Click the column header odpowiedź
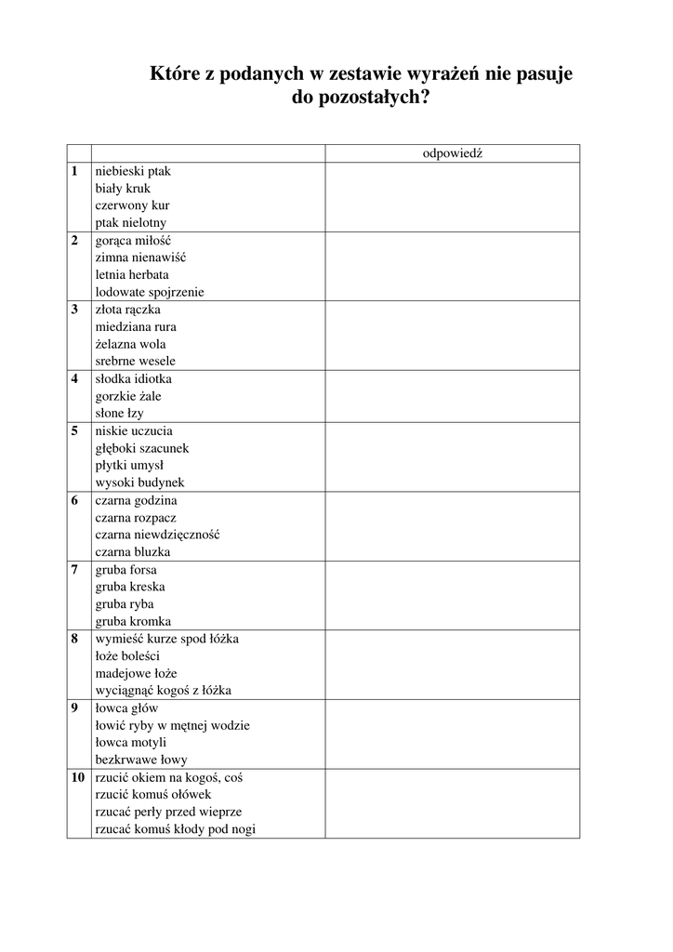coord(452,154)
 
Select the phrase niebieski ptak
coord(133,172)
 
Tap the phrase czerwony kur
coord(132,205)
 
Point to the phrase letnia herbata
coord(132,275)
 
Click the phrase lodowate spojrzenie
coord(150,292)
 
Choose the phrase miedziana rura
coord(136,327)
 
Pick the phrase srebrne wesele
coord(135,361)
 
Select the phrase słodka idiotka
coord(133,379)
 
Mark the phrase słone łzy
coord(119,413)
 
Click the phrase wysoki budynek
coord(139,483)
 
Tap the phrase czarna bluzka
coord(132,551)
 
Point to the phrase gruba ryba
coord(126,603)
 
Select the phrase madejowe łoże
coord(136,673)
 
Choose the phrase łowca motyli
coord(130,742)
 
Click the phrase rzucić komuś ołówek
coord(152,794)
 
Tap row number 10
coord(78,777)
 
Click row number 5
coord(74,431)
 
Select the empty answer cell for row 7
coord(452,595)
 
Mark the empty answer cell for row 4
coord(452,396)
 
